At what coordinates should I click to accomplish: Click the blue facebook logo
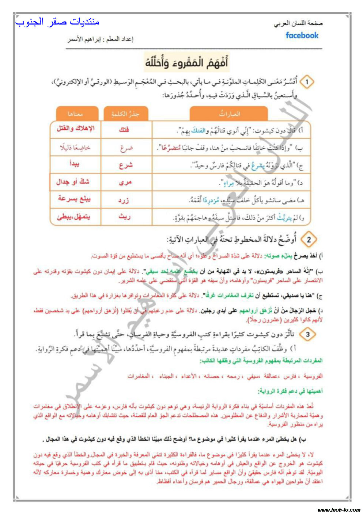(302, 35)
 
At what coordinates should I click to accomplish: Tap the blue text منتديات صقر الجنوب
(57, 22)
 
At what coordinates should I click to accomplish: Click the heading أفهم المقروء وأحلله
(186, 62)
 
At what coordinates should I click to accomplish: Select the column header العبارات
(229, 114)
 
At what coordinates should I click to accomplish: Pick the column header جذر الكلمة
(125, 114)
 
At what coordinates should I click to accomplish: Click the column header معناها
(75, 114)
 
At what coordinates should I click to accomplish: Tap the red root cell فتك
(124, 129)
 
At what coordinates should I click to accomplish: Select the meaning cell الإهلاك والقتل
(75, 129)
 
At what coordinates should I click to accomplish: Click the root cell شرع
(125, 165)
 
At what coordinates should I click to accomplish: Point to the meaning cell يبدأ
(75, 164)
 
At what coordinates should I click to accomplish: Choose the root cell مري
(125, 182)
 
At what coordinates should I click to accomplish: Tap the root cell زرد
(123, 200)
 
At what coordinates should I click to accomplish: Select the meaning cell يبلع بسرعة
(74, 199)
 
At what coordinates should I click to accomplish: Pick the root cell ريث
(124, 217)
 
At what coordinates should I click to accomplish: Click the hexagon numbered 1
(307, 82)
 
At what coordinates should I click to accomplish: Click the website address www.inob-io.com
(339, 509)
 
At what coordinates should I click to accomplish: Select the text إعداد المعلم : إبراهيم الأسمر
(101, 39)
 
